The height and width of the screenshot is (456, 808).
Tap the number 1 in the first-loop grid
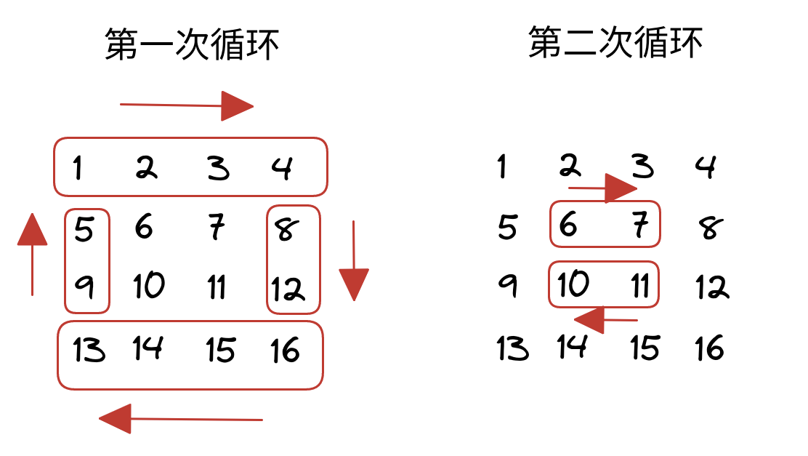(x=77, y=169)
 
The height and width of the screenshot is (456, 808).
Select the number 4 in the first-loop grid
(x=283, y=168)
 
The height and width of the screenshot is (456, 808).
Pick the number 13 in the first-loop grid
(x=89, y=350)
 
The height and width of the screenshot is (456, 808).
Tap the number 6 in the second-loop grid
(x=568, y=225)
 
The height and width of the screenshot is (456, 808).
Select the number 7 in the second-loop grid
(x=639, y=226)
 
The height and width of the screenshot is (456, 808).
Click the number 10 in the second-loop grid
(x=573, y=284)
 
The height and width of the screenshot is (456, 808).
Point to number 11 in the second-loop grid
(x=639, y=286)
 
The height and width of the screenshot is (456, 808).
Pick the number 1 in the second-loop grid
(x=501, y=167)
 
